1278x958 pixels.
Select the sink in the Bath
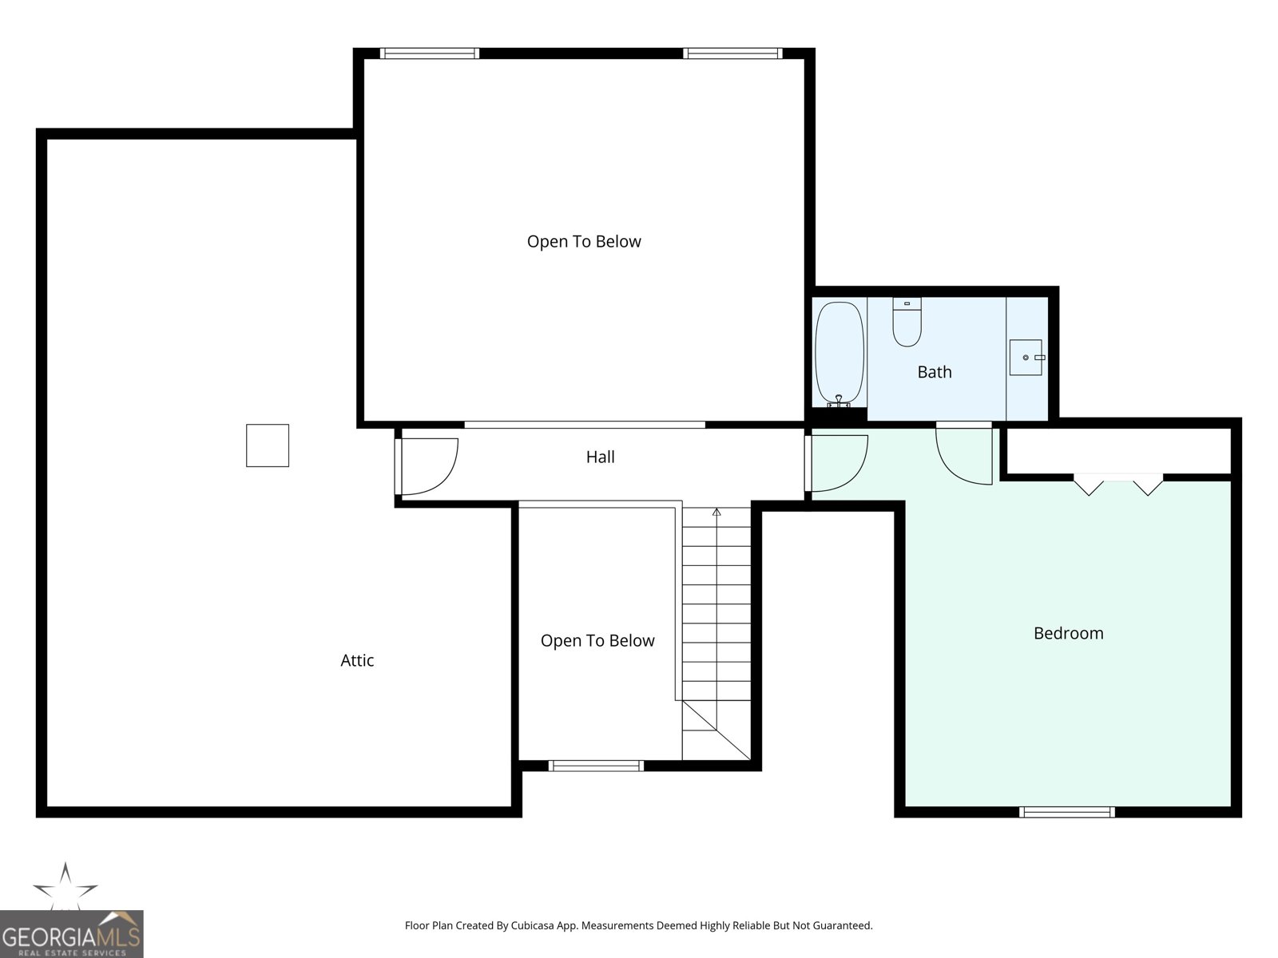[1026, 357]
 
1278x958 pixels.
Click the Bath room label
[935, 372]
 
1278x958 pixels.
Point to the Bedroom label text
[1068, 633]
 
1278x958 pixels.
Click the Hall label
[600, 457]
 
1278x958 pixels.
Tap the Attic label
[357, 660]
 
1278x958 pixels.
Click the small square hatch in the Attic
[267, 445]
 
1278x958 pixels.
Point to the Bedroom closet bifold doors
[1117, 482]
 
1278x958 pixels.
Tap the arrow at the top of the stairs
[716, 512]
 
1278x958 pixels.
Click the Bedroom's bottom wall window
[1066, 812]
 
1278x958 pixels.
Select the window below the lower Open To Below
[596, 766]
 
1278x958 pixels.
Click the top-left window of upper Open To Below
[430, 53]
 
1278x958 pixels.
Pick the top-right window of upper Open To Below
[732, 53]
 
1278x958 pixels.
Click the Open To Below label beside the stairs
[597, 641]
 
